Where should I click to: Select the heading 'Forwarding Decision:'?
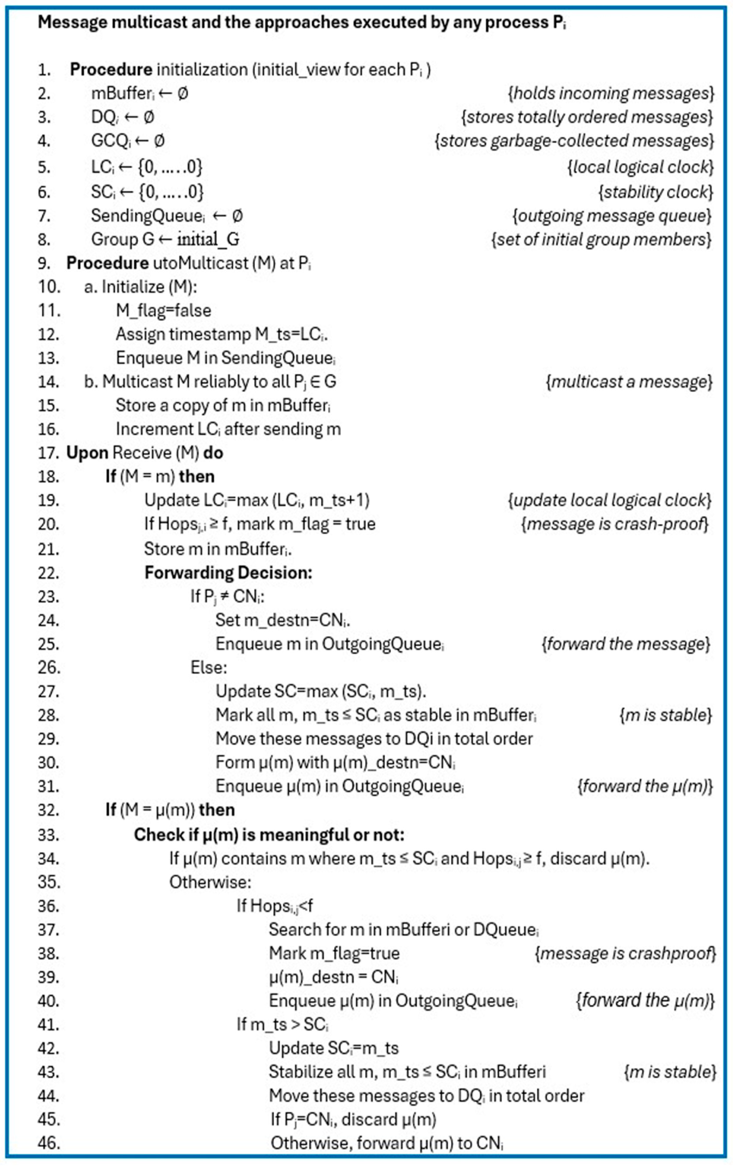[x=228, y=573]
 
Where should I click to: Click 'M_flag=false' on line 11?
[x=163, y=310]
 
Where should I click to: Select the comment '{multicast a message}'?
[x=629, y=382]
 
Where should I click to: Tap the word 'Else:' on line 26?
[x=208, y=668]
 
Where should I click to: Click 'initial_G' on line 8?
[x=208, y=240]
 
